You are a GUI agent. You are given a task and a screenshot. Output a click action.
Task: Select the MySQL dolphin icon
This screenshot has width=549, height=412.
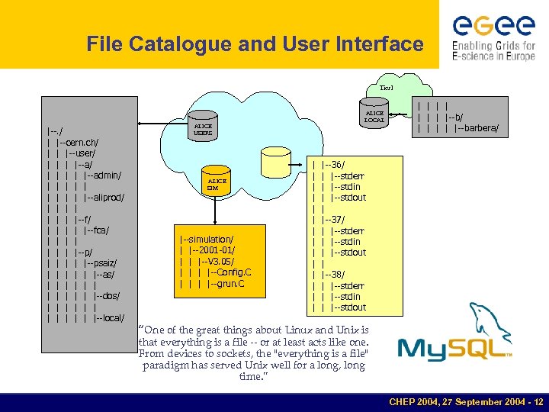coord(489,321)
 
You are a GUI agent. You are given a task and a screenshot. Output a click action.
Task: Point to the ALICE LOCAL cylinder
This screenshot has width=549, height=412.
coord(374,115)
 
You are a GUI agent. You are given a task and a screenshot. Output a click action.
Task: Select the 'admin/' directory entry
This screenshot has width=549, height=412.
coord(108,175)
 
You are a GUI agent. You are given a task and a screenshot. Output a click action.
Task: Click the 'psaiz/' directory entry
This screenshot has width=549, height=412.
coord(104,263)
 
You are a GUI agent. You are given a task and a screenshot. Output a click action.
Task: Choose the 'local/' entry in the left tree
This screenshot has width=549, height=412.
coord(111,317)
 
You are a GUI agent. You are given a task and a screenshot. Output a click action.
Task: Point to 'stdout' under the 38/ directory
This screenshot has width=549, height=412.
coord(350,307)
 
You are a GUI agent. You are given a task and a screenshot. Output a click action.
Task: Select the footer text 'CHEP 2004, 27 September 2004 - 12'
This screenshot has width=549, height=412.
coord(465,401)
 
